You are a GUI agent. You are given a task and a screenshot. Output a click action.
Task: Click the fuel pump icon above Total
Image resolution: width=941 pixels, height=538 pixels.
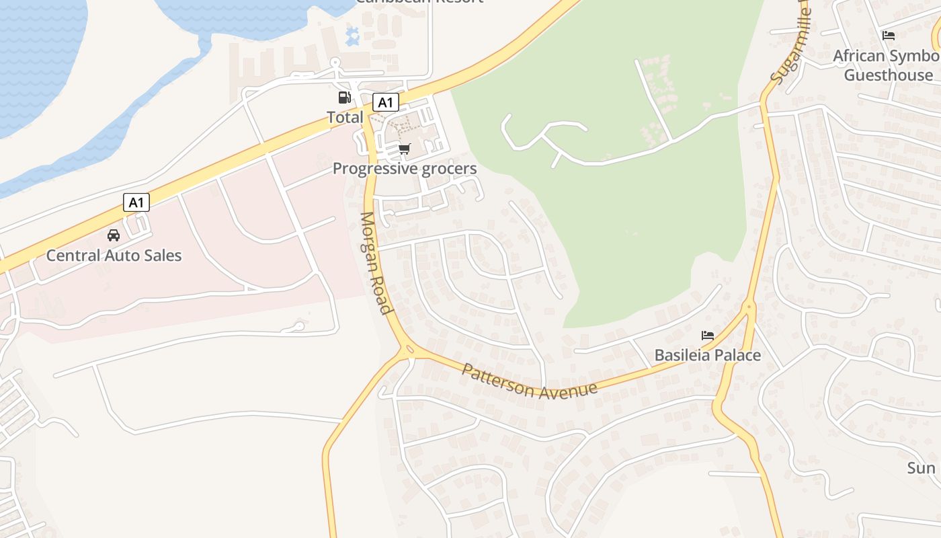(x=344, y=98)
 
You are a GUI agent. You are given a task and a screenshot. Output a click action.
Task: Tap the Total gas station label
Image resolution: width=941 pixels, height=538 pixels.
(x=345, y=118)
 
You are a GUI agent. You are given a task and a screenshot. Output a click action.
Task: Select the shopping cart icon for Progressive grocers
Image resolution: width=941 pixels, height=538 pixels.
(x=404, y=149)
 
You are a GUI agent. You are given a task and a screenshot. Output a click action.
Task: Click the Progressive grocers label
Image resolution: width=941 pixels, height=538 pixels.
(x=405, y=169)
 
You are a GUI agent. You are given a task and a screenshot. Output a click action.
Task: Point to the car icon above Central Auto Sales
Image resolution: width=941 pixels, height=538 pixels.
(x=114, y=235)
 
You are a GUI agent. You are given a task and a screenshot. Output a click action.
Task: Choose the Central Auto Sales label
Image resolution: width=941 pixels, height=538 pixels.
(x=114, y=256)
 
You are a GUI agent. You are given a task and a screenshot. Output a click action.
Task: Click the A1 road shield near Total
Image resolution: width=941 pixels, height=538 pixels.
(x=385, y=102)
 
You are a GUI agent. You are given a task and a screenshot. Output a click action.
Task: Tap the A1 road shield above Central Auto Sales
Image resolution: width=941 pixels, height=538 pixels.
(x=136, y=202)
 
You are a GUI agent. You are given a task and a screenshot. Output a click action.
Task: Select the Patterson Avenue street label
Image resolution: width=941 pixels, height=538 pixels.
(x=530, y=382)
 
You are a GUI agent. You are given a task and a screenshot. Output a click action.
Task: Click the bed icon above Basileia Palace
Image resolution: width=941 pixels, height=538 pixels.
(x=707, y=335)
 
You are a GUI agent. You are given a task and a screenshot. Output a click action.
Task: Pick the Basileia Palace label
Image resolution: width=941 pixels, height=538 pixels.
(x=708, y=355)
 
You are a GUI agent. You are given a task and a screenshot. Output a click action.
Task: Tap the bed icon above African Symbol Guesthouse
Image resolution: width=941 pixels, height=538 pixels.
(x=889, y=35)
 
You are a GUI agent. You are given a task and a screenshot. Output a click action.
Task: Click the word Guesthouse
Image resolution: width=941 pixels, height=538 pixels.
(x=889, y=75)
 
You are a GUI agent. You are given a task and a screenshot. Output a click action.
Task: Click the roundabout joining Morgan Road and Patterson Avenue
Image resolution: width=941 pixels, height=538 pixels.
(x=408, y=350)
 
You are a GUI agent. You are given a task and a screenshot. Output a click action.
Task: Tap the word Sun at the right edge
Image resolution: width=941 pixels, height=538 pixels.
(x=921, y=468)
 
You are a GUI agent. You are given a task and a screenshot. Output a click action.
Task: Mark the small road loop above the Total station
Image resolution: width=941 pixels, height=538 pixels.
(x=335, y=64)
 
